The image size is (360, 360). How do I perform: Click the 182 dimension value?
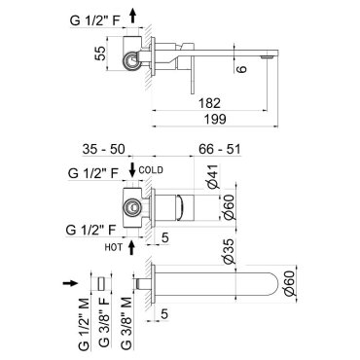point(209,103)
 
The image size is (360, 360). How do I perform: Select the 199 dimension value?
point(215,119)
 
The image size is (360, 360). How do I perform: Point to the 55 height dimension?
point(100,54)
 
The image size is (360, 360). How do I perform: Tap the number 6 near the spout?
point(241,69)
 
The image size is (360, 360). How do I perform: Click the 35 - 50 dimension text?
point(103,149)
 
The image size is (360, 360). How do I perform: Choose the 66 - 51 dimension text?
point(220,149)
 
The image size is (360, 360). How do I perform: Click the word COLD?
point(151,170)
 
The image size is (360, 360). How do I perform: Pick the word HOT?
point(114,247)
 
